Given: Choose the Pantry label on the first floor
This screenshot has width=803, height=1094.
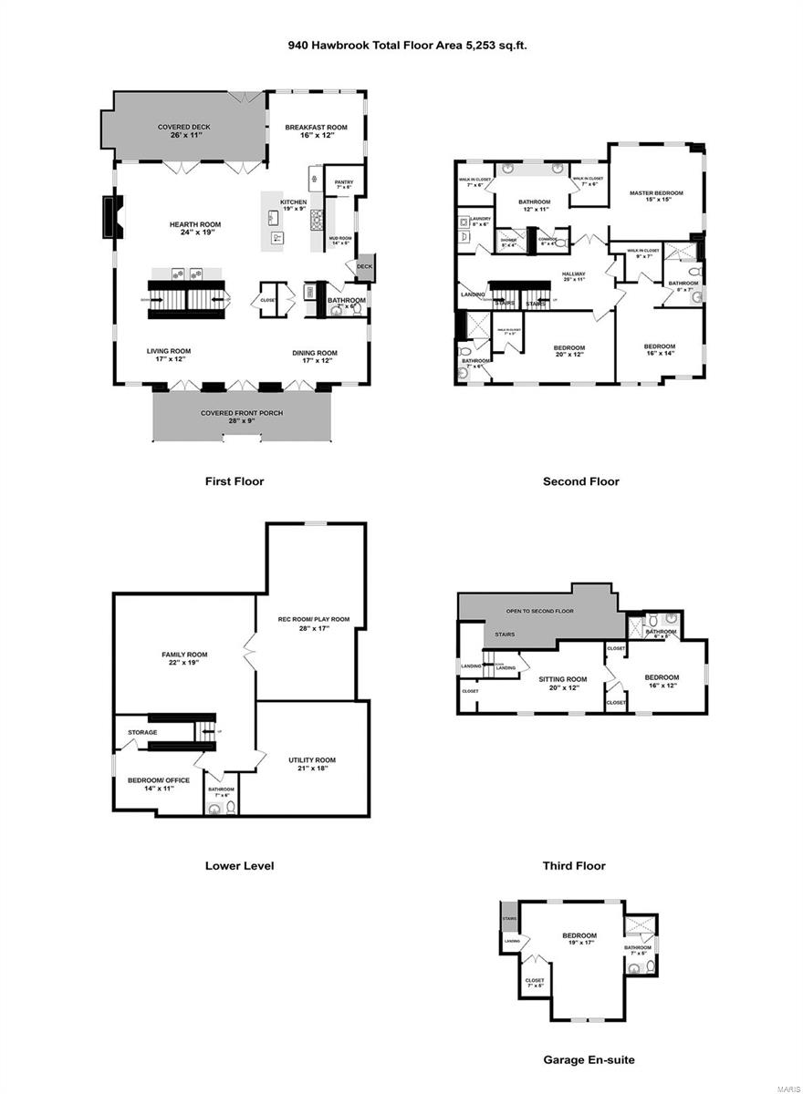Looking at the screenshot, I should click(344, 182).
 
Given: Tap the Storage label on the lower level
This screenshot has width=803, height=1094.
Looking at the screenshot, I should click(142, 732).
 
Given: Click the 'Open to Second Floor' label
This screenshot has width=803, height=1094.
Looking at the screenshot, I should click(540, 611).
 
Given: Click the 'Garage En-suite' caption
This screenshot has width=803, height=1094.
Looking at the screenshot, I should click(589, 1060).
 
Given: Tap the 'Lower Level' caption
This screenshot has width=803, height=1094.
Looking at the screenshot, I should click(239, 866).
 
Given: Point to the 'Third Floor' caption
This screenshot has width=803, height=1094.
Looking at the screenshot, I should click(573, 866).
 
